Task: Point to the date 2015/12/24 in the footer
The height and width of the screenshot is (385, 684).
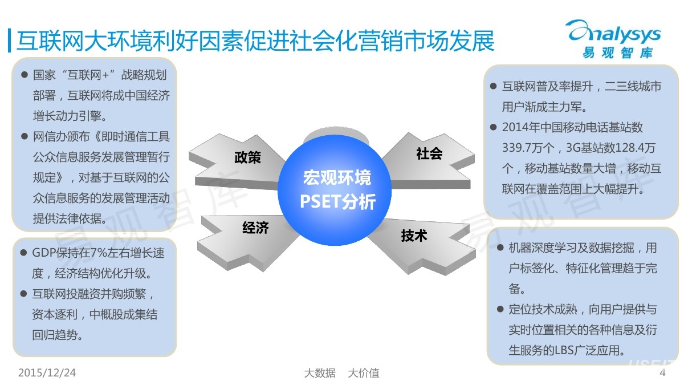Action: coord(47,373)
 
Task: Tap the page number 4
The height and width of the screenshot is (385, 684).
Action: coord(662,373)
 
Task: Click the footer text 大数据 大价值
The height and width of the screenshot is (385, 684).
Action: coord(341,373)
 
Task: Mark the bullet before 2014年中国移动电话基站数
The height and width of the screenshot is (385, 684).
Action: coord(494,127)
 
